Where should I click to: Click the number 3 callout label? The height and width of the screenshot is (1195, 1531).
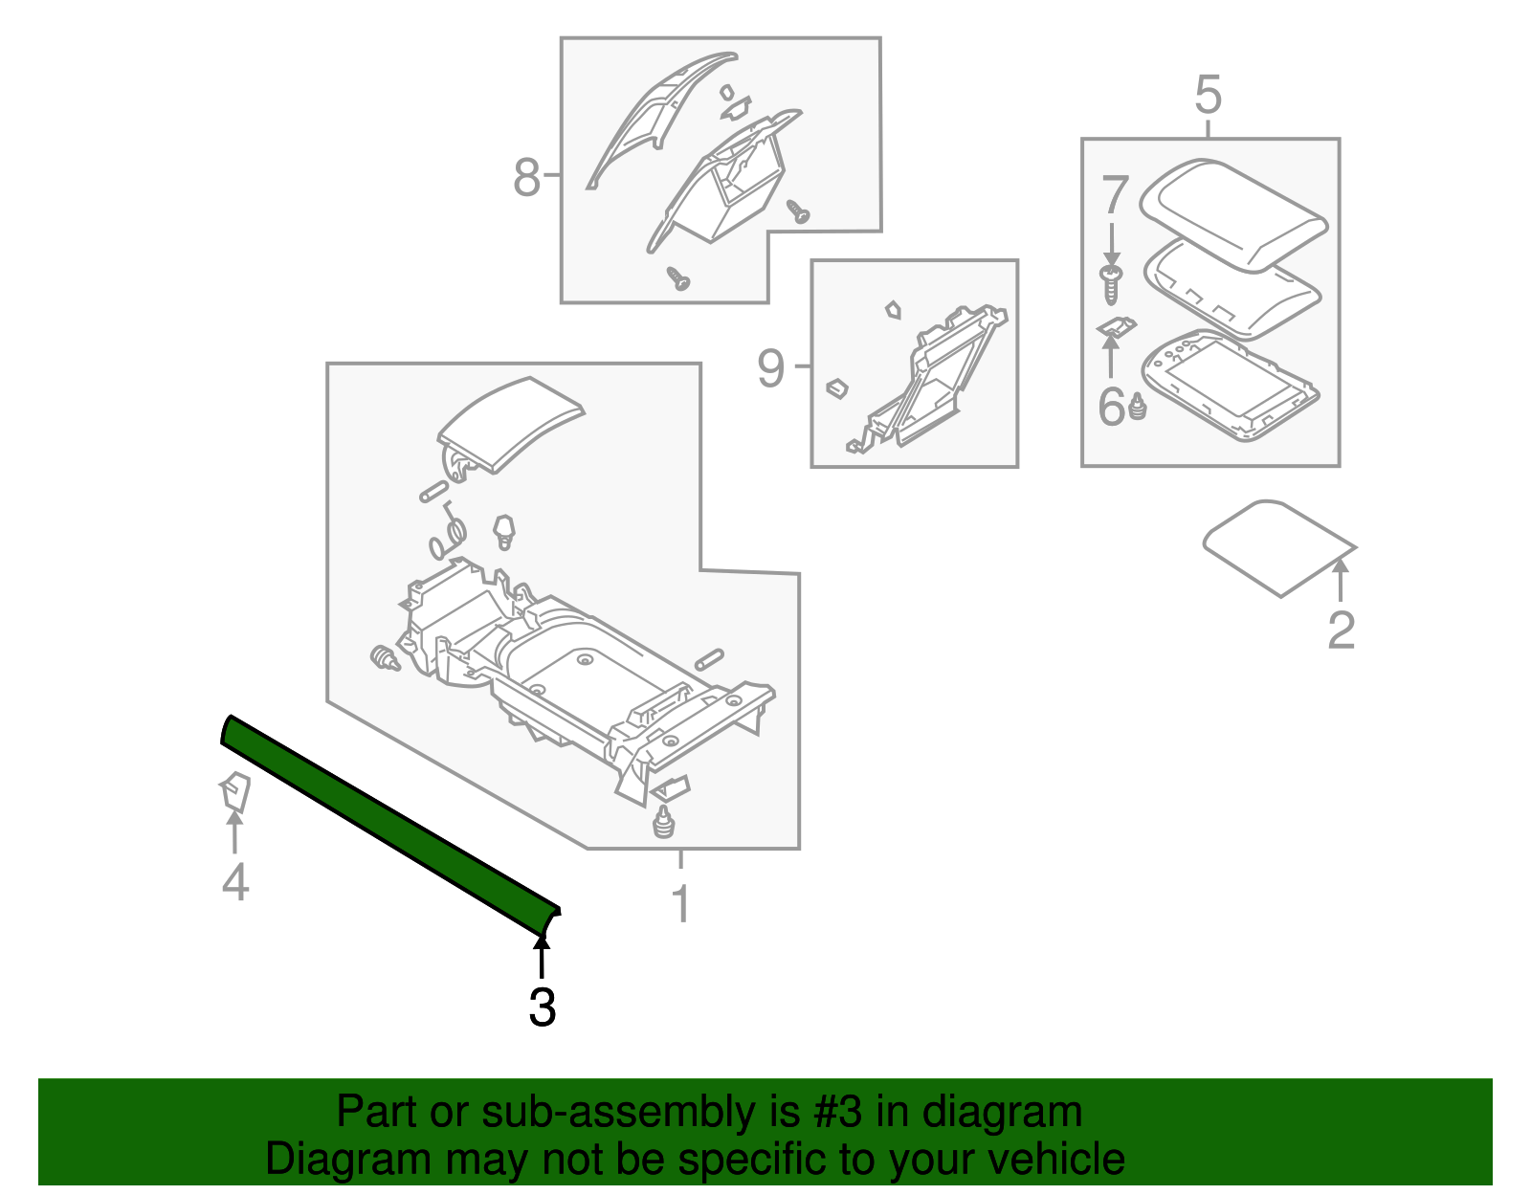[542, 1007]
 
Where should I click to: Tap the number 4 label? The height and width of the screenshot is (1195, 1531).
[235, 881]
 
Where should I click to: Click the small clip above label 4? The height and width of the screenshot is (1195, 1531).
[234, 792]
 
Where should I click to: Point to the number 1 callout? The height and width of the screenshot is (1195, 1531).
[680, 904]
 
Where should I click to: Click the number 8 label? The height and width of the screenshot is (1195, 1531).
[526, 177]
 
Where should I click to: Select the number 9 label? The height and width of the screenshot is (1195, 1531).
[770, 368]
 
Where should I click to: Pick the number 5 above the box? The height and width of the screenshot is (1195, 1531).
[1209, 96]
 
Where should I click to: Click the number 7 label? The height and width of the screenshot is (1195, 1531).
[1115, 196]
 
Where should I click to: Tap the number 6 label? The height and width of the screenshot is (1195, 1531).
[1112, 407]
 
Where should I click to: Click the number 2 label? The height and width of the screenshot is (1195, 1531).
[1341, 630]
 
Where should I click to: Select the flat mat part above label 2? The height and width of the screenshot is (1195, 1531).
[1277, 547]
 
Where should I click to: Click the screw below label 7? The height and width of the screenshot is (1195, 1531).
[1111, 284]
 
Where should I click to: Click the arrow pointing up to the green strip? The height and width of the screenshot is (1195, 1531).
[542, 959]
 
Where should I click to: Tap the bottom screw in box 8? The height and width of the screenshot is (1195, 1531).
[678, 279]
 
